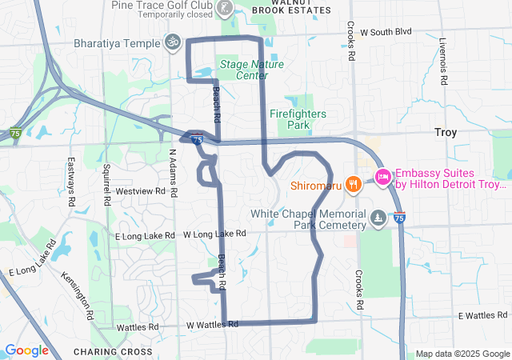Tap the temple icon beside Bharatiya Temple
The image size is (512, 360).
171,41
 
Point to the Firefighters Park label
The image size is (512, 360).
298,119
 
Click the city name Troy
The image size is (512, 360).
446,132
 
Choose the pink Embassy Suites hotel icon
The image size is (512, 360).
382,177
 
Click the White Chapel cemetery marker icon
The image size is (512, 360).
378,217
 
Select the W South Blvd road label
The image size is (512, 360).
386,32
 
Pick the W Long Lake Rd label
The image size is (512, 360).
214,234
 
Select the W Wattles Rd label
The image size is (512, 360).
213,325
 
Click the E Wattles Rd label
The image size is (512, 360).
482,317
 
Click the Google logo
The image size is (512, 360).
27,350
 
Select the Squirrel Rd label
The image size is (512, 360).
106,183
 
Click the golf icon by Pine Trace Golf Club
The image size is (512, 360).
226,9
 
